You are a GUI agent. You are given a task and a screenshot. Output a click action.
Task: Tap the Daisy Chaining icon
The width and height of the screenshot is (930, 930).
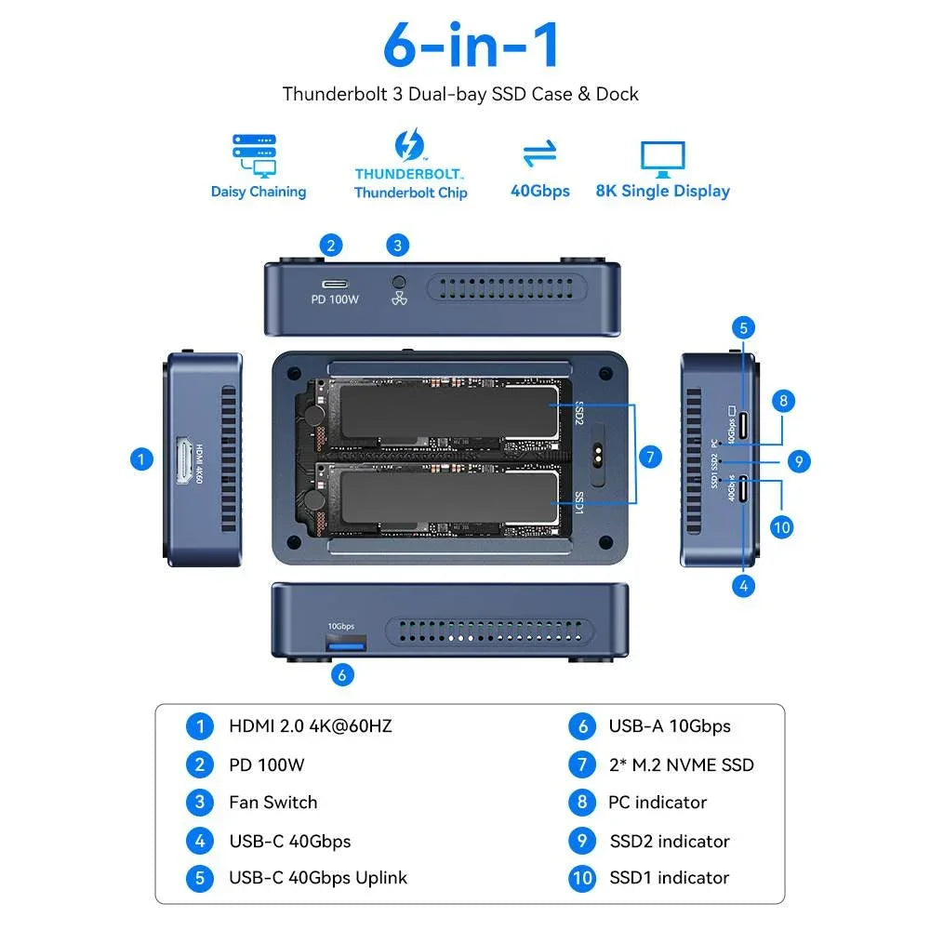(x=254, y=155)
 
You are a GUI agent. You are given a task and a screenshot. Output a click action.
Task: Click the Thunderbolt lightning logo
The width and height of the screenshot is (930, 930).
(x=409, y=146)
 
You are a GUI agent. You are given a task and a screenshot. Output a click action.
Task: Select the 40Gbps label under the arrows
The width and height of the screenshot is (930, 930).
(x=540, y=191)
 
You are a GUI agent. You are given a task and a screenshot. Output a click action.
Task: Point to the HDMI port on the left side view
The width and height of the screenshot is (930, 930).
(x=180, y=461)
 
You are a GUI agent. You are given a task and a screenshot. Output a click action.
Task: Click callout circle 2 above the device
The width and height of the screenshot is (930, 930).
(x=330, y=246)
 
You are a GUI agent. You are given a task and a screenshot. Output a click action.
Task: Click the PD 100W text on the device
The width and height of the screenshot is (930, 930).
(x=335, y=300)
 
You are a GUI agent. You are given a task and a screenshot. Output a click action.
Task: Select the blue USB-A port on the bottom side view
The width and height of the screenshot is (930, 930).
(x=344, y=644)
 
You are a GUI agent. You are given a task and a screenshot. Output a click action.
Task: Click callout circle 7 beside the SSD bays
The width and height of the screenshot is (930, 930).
(x=651, y=457)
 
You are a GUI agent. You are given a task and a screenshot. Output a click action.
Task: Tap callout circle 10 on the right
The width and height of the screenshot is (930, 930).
(x=782, y=526)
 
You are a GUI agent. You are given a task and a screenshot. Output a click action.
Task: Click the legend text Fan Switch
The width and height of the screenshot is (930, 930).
(x=272, y=802)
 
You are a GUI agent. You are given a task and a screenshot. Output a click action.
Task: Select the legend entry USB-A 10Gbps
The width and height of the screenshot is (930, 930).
(x=669, y=726)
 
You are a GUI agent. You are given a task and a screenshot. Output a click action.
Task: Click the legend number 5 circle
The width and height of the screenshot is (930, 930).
(x=199, y=878)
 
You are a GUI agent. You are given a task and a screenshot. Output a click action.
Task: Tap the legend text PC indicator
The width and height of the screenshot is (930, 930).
(x=658, y=802)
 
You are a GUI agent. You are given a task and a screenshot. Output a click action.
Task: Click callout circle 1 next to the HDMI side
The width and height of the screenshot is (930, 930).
(x=141, y=458)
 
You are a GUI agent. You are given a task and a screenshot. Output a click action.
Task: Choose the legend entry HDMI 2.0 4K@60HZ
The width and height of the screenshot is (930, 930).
(x=310, y=725)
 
